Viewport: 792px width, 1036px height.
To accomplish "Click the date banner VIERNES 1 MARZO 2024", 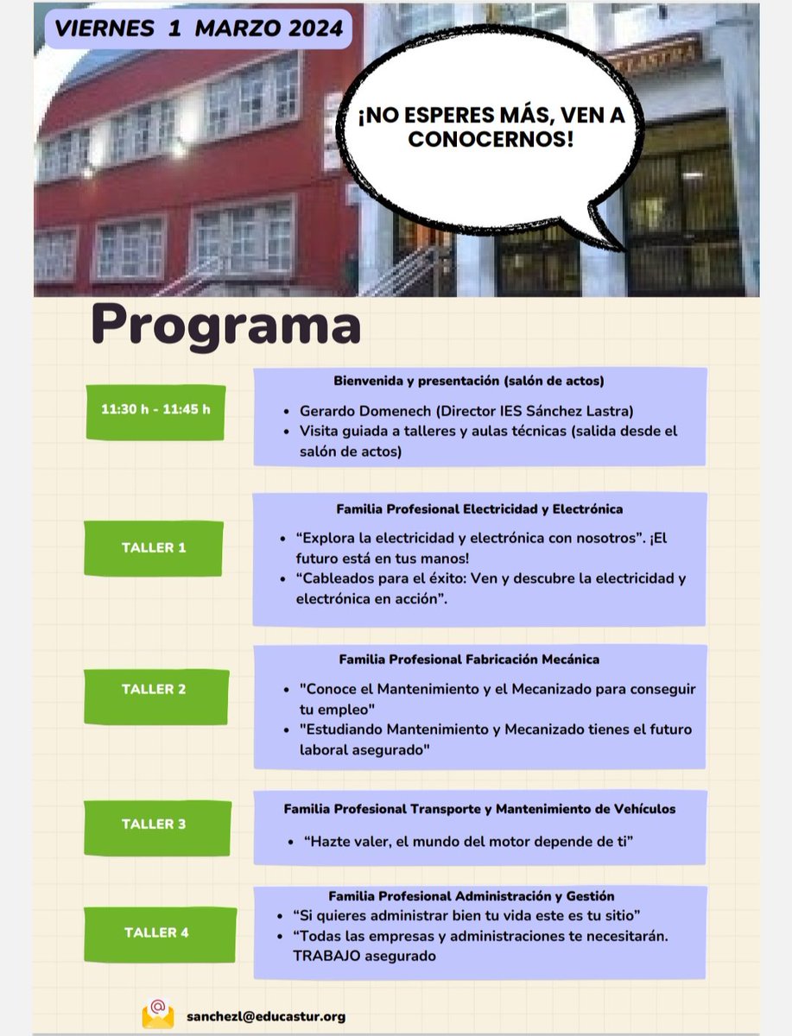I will [x=198, y=28].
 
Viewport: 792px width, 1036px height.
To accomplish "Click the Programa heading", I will [x=226, y=325].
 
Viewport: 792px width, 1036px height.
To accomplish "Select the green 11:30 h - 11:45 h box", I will [x=155, y=409].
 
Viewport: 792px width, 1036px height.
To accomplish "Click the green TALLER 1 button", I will [x=154, y=547].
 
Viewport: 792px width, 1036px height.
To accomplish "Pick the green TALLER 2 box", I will [x=154, y=690].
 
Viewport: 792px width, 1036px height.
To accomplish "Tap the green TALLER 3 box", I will [x=154, y=824].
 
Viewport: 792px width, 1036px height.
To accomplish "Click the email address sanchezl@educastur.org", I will [x=266, y=1016].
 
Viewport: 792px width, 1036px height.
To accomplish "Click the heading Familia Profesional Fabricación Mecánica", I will [x=469, y=659].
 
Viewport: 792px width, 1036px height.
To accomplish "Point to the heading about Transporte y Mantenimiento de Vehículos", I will [x=479, y=809].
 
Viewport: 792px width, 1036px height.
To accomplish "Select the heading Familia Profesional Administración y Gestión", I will [x=472, y=897].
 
